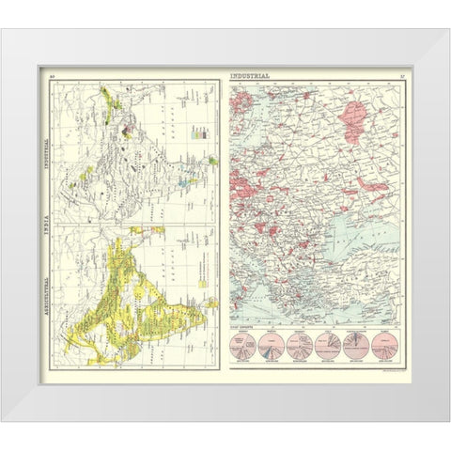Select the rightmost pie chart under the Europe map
click(385, 347)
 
